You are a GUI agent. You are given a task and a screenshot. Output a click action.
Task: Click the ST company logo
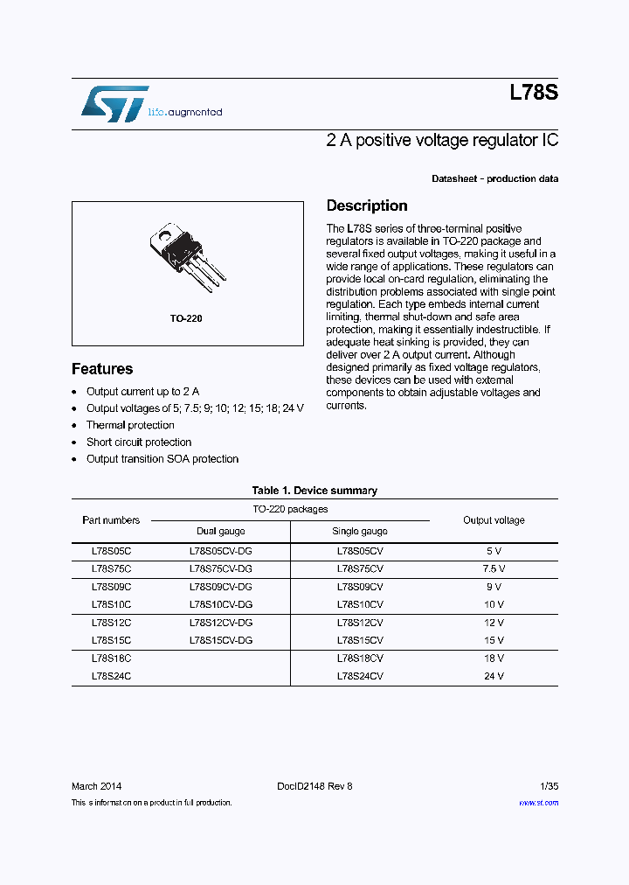tap(114, 104)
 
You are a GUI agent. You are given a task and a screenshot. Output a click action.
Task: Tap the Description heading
tap(366, 206)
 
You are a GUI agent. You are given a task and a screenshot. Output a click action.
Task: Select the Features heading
tap(102, 369)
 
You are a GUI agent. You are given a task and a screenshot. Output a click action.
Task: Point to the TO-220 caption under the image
tap(186, 318)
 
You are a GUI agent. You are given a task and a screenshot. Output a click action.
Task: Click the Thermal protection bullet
tap(130, 425)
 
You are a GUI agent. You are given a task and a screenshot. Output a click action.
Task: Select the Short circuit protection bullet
tap(138, 442)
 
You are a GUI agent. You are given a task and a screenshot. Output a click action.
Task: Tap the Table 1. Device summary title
tap(314, 491)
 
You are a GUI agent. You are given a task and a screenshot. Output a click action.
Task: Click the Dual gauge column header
tap(220, 531)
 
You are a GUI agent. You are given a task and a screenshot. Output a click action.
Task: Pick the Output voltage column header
tap(494, 520)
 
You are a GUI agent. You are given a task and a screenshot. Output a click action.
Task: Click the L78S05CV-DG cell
tap(220, 551)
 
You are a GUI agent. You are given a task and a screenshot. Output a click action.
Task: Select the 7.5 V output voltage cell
tap(494, 568)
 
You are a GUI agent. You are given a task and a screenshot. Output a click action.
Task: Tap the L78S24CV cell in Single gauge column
tap(359, 677)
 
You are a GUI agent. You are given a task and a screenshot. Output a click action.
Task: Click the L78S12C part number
tap(111, 623)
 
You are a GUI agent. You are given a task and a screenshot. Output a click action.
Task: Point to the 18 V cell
tap(494, 659)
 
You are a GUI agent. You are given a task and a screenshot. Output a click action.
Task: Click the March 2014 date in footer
tap(96, 786)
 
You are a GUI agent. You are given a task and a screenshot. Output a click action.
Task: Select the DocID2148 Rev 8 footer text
tap(314, 786)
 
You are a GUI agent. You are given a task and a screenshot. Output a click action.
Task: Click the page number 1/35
tap(547, 786)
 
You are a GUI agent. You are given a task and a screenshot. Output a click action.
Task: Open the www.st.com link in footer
tap(538, 803)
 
